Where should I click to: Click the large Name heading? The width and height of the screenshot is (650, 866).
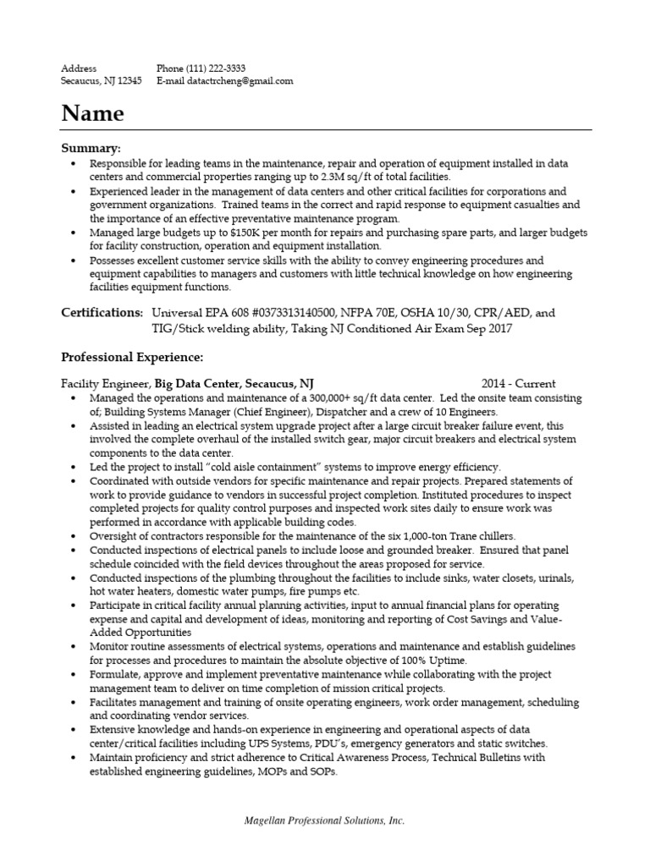tap(92, 113)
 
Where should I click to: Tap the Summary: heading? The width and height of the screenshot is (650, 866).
tap(91, 147)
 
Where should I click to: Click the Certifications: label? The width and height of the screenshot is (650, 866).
tap(102, 313)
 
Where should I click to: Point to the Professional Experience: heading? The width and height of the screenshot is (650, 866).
tap(132, 358)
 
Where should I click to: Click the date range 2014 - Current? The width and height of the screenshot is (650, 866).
tap(519, 383)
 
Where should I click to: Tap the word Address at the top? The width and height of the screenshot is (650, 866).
tap(79, 68)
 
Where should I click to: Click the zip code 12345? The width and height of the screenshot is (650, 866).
tap(127, 81)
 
